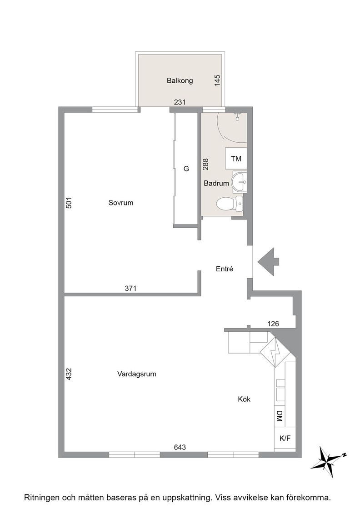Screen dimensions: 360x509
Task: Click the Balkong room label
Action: tap(180, 80)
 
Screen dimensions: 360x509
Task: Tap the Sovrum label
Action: tap(121, 203)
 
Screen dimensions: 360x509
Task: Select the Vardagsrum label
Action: tap(137, 374)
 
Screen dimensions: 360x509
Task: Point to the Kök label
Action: tap(244, 399)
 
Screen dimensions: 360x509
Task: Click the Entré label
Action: tap(224, 269)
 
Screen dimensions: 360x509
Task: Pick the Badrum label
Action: tap(216, 184)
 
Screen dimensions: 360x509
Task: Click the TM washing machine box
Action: tap(236, 159)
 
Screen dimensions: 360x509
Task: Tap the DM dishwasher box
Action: tap(280, 416)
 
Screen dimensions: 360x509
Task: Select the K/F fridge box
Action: tap(285, 438)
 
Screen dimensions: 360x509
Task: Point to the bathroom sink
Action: tap(239, 182)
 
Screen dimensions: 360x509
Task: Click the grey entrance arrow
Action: tap(269, 262)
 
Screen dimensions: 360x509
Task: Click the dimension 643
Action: tap(180, 447)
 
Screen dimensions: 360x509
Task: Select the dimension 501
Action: tap(69, 203)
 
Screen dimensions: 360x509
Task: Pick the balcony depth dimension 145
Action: tap(217, 80)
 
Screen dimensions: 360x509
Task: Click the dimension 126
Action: tap(273, 324)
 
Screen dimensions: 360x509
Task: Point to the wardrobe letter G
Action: tap(186, 169)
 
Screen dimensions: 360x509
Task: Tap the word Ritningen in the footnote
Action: tap(40, 497)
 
